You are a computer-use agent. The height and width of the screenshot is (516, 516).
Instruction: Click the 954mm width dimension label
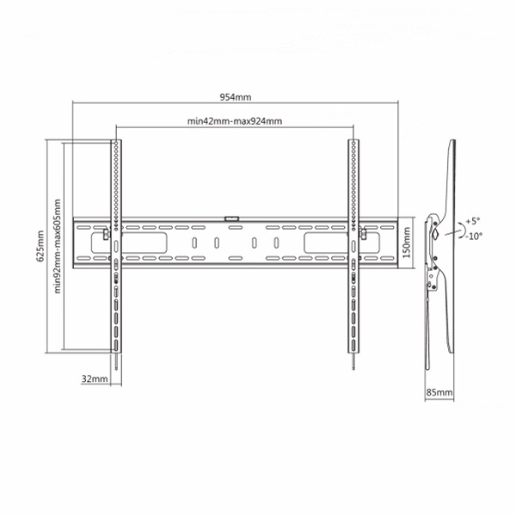(x=236, y=97)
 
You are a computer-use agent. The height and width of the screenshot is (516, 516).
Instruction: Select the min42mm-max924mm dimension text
(x=235, y=121)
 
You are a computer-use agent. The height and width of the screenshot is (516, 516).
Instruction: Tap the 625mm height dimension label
(x=40, y=246)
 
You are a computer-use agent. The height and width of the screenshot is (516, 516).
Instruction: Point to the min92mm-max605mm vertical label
(x=58, y=246)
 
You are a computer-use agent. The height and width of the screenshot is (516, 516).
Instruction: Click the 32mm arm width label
(x=95, y=378)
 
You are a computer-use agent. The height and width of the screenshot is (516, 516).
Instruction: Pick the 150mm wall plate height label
(x=407, y=243)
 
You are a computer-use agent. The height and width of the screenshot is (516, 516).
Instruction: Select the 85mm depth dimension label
(x=439, y=392)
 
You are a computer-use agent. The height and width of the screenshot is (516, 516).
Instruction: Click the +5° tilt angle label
(x=473, y=221)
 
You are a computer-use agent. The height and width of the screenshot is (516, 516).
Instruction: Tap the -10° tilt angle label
(x=474, y=236)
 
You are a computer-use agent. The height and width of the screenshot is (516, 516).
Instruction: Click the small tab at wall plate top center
(x=231, y=218)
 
